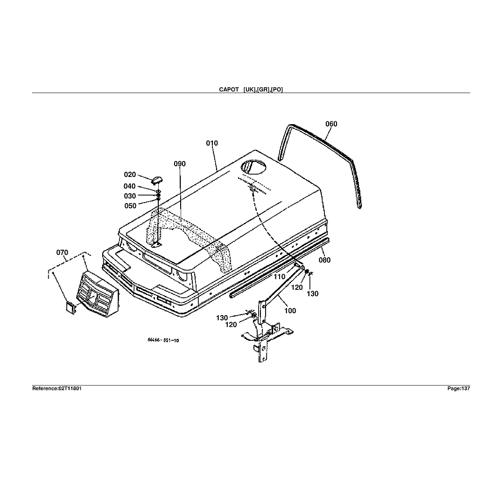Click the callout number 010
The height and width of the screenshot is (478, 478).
(212, 143)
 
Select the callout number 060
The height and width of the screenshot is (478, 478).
(331, 124)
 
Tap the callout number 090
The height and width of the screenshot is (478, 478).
(180, 164)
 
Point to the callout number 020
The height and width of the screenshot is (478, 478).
(130, 175)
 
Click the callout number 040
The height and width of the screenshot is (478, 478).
(130, 186)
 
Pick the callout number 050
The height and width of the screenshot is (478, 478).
(130, 206)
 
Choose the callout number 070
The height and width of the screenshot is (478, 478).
(62, 253)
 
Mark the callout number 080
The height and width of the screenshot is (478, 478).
(324, 260)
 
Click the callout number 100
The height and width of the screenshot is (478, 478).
(290, 311)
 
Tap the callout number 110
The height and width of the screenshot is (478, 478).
(279, 277)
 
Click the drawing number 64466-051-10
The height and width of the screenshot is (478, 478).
(163, 340)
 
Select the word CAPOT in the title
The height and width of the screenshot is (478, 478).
(229, 90)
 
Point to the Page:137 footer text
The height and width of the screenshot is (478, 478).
(458, 388)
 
